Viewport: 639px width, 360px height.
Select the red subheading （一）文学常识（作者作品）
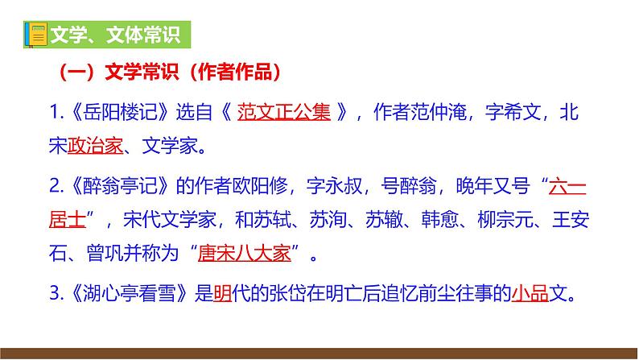[170, 73]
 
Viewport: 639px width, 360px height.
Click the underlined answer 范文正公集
[284, 112]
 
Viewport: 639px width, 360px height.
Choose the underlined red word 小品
[531, 295]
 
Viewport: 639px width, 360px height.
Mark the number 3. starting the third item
[55, 295]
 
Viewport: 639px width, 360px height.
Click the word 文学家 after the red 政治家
[169, 147]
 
